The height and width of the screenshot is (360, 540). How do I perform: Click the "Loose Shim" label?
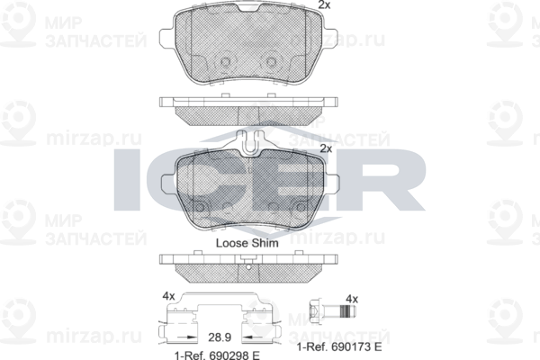(x=247, y=243)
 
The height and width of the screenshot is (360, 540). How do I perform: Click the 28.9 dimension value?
(x=220, y=337)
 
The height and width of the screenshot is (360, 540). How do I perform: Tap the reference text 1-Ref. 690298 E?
(x=217, y=355)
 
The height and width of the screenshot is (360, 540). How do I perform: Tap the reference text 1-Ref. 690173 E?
(x=339, y=346)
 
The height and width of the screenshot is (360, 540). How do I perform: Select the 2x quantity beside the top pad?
(x=324, y=4)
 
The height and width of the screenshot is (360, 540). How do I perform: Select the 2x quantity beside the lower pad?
(x=326, y=148)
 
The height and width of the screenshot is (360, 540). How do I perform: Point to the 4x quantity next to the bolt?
(x=352, y=299)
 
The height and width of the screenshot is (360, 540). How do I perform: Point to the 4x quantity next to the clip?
(x=169, y=296)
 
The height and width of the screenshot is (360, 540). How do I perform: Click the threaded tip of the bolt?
(x=347, y=311)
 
